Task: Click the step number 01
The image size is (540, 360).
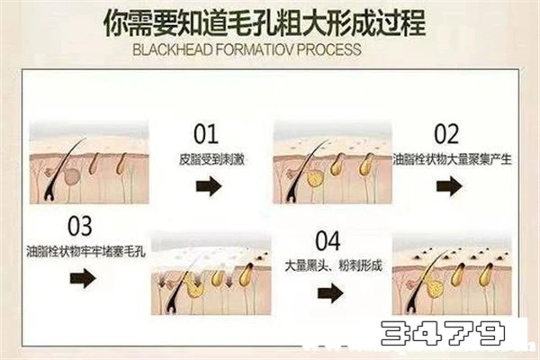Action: [x=206, y=134]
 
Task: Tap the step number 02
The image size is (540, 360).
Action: [x=446, y=134]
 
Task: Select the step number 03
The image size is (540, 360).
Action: [x=80, y=226]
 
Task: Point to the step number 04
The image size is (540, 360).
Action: [x=328, y=240]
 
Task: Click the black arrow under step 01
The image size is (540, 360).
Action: [x=209, y=186]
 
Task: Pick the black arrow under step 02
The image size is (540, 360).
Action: [x=449, y=186]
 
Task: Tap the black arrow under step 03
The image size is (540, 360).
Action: [x=83, y=278]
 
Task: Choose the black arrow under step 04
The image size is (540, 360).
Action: [x=330, y=293]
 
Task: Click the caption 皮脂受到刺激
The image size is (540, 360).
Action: [x=211, y=160]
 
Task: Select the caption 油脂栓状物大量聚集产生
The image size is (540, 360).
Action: [x=452, y=159]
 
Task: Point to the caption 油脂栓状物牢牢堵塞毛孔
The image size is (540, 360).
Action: [x=85, y=251]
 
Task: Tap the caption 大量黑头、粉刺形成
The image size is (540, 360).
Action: [x=333, y=265]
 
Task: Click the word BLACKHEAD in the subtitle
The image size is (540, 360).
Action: [x=172, y=49]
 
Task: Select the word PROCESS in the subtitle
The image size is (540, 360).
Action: [x=328, y=49]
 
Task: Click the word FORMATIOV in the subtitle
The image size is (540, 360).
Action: [x=255, y=49]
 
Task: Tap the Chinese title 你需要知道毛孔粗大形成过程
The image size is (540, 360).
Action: [x=265, y=22]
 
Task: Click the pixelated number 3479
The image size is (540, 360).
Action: [x=443, y=333]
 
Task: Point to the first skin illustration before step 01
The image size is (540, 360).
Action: [x=89, y=162]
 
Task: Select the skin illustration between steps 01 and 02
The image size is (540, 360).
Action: [x=333, y=162]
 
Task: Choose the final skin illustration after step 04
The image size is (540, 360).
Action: [x=452, y=274]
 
